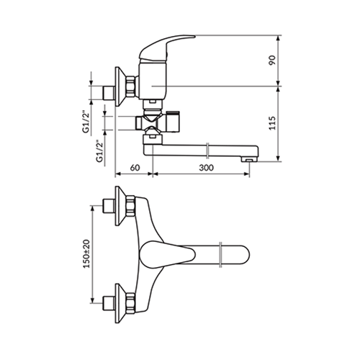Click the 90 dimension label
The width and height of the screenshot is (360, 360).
point(272,60)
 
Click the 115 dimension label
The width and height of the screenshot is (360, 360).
point(272,123)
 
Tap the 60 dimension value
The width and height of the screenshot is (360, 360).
point(135,168)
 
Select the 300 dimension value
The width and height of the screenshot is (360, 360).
point(206,168)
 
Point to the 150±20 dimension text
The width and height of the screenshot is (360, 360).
point(87,253)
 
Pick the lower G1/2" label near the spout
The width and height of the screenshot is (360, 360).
point(99,151)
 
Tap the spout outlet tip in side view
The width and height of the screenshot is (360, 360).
point(248,159)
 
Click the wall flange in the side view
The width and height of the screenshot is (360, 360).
point(120,86)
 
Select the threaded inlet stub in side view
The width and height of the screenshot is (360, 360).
point(108,93)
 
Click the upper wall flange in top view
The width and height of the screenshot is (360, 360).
point(120,206)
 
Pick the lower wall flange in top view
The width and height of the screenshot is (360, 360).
point(120,303)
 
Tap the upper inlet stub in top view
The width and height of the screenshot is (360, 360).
point(108,206)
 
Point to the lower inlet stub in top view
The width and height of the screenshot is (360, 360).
point(108,303)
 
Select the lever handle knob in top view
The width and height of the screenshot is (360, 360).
point(168,254)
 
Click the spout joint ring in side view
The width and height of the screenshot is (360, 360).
point(208,150)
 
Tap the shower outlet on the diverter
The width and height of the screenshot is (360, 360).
point(173,122)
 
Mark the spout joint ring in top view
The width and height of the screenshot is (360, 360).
point(221,255)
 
